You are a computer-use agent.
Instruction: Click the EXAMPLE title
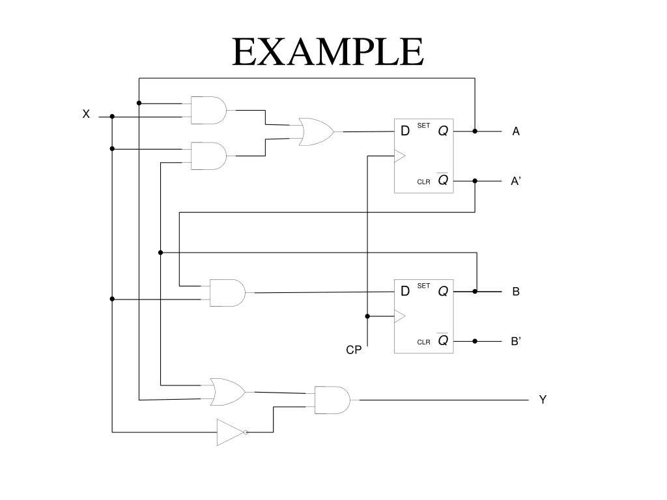coord(328,51)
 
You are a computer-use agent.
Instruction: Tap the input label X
coord(87,114)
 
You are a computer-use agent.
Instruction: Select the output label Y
coord(543,400)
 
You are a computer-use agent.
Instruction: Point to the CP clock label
coord(354,350)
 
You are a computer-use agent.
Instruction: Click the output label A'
coord(516,181)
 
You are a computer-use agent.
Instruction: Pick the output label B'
coord(516,341)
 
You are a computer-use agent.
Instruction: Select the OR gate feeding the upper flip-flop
coord(316,132)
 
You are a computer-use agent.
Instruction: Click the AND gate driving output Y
coord(332,400)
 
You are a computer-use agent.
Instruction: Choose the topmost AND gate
coord(208,110)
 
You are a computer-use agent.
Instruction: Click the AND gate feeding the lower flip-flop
coord(227,293)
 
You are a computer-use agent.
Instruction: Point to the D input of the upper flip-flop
coord(405,131)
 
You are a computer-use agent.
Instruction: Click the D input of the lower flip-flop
coord(405,291)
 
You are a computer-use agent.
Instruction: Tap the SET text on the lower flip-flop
coord(423,286)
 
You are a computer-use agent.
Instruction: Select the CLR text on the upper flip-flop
coord(423,182)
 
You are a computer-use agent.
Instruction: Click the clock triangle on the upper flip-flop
coord(400,156)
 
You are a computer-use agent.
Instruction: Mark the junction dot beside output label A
coord(475,132)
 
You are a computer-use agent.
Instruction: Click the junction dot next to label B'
coord(475,341)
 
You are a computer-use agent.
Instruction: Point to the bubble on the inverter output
coord(246,432)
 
